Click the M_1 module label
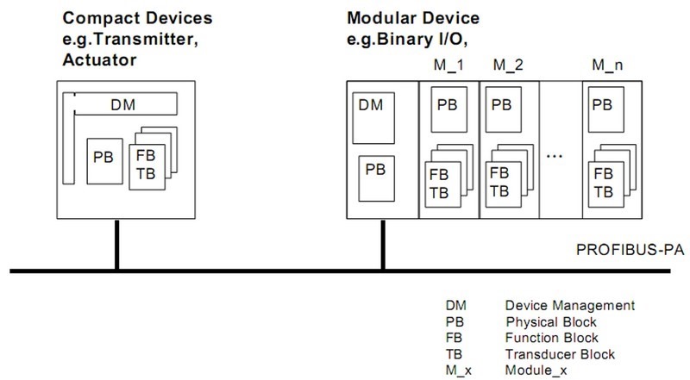pos(447,65)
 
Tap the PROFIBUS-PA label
pos(629,251)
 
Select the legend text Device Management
pos(570,306)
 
